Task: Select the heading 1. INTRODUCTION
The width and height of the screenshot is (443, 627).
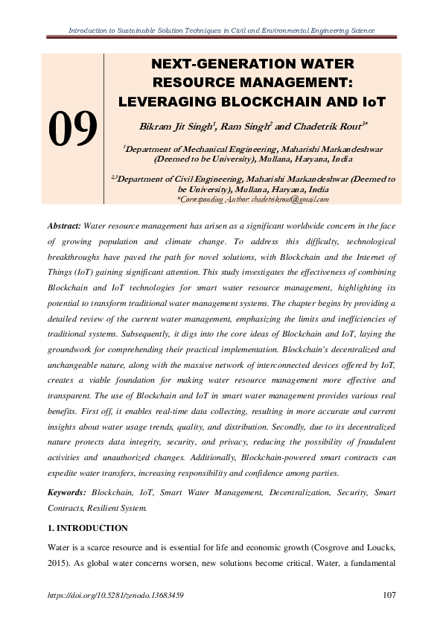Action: [x=86, y=528]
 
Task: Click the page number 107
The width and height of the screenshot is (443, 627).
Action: [x=387, y=595]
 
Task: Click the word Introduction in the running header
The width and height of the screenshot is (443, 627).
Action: [x=87, y=31]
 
